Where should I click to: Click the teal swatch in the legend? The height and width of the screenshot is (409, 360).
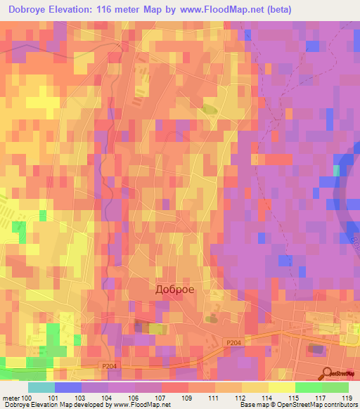pyautogui.click(x=41, y=387)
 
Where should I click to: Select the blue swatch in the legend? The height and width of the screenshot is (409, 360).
pyautogui.click(x=68, y=387)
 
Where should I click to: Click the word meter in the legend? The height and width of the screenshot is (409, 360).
pyautogui.click(x=11, y=398)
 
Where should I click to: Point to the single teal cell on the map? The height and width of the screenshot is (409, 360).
pyautogui.click(x=336, y=171)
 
